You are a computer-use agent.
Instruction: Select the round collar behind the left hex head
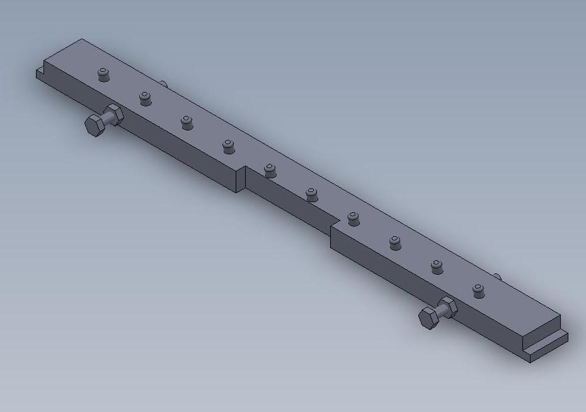click(114, 115)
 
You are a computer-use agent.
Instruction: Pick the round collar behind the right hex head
click(449, 307)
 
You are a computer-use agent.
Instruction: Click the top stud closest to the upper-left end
click(104, 74)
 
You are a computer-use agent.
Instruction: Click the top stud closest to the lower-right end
click(478, 290)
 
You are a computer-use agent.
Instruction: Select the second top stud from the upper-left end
click(146, 98)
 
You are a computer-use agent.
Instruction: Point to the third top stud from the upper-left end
click(187, 122)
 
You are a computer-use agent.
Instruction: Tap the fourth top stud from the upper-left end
click(228, 146)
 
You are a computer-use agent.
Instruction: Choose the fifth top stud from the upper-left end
click(270, 170)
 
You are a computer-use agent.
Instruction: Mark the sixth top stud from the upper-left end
click(311, 194)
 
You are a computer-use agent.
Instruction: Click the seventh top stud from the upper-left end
click(353, 219)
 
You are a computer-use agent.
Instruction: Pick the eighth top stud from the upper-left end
click(395, 243)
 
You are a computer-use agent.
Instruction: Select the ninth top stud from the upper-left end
click(436, 266)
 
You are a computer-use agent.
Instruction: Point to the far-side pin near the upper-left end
click(163, 83)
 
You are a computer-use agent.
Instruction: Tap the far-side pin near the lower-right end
click(497, 275)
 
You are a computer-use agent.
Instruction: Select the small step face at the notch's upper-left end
click(239, 180)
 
